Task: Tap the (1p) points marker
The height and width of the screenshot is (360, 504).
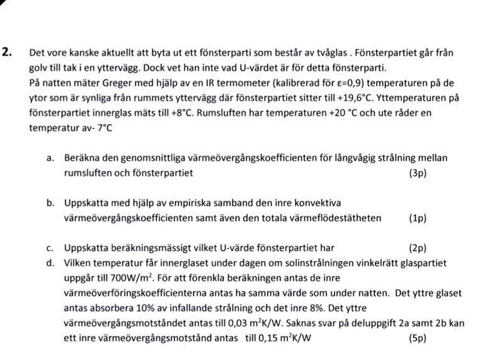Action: (x=418, y=218)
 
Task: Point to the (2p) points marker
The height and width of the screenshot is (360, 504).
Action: (x=418, y=248)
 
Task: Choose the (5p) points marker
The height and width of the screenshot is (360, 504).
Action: (x=418, y=338)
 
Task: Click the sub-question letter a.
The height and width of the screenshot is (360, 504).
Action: (x=50, y=158)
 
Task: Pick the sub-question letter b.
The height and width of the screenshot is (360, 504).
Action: (x=50, y=203)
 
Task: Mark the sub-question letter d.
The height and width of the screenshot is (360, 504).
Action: (x=50, y=263)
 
